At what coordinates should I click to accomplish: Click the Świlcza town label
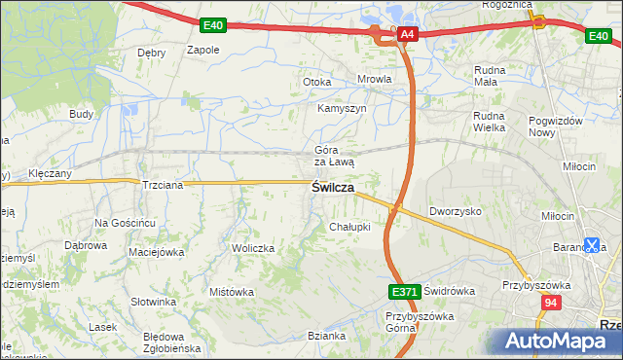click(x=332, y=188)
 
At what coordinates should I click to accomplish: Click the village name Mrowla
click(x=375, y=80)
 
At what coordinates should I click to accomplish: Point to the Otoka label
click(x=317, y=83)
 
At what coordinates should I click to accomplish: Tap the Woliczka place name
click(x=253, y=249)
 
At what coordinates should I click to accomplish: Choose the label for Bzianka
click(x=326, y=337)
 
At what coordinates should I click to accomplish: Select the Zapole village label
click(x=202, y=50)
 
